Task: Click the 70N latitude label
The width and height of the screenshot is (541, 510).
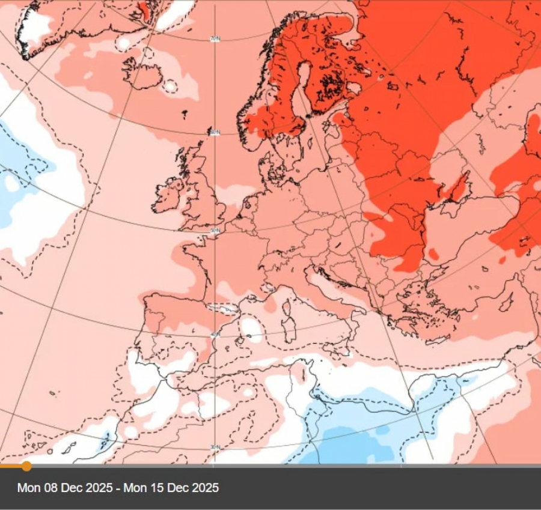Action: [x=214, y=39]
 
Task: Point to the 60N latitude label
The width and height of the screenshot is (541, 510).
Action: [x=214, y=132]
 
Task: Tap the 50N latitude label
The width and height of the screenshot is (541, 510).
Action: [x=215, y=231]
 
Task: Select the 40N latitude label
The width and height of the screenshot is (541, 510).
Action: [x=215, y=334]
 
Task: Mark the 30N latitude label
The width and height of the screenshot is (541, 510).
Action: [x=215, y=448]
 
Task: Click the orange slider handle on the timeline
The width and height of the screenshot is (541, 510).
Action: [x=26, y=466]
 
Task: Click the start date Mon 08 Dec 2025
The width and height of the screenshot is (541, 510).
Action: [x=64, y=488]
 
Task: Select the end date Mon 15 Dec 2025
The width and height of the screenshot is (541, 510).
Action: [x=171, y=488]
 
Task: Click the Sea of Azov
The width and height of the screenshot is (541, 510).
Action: [x=459, y=199]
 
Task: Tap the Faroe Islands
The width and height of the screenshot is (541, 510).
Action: [x=184, y=112]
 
